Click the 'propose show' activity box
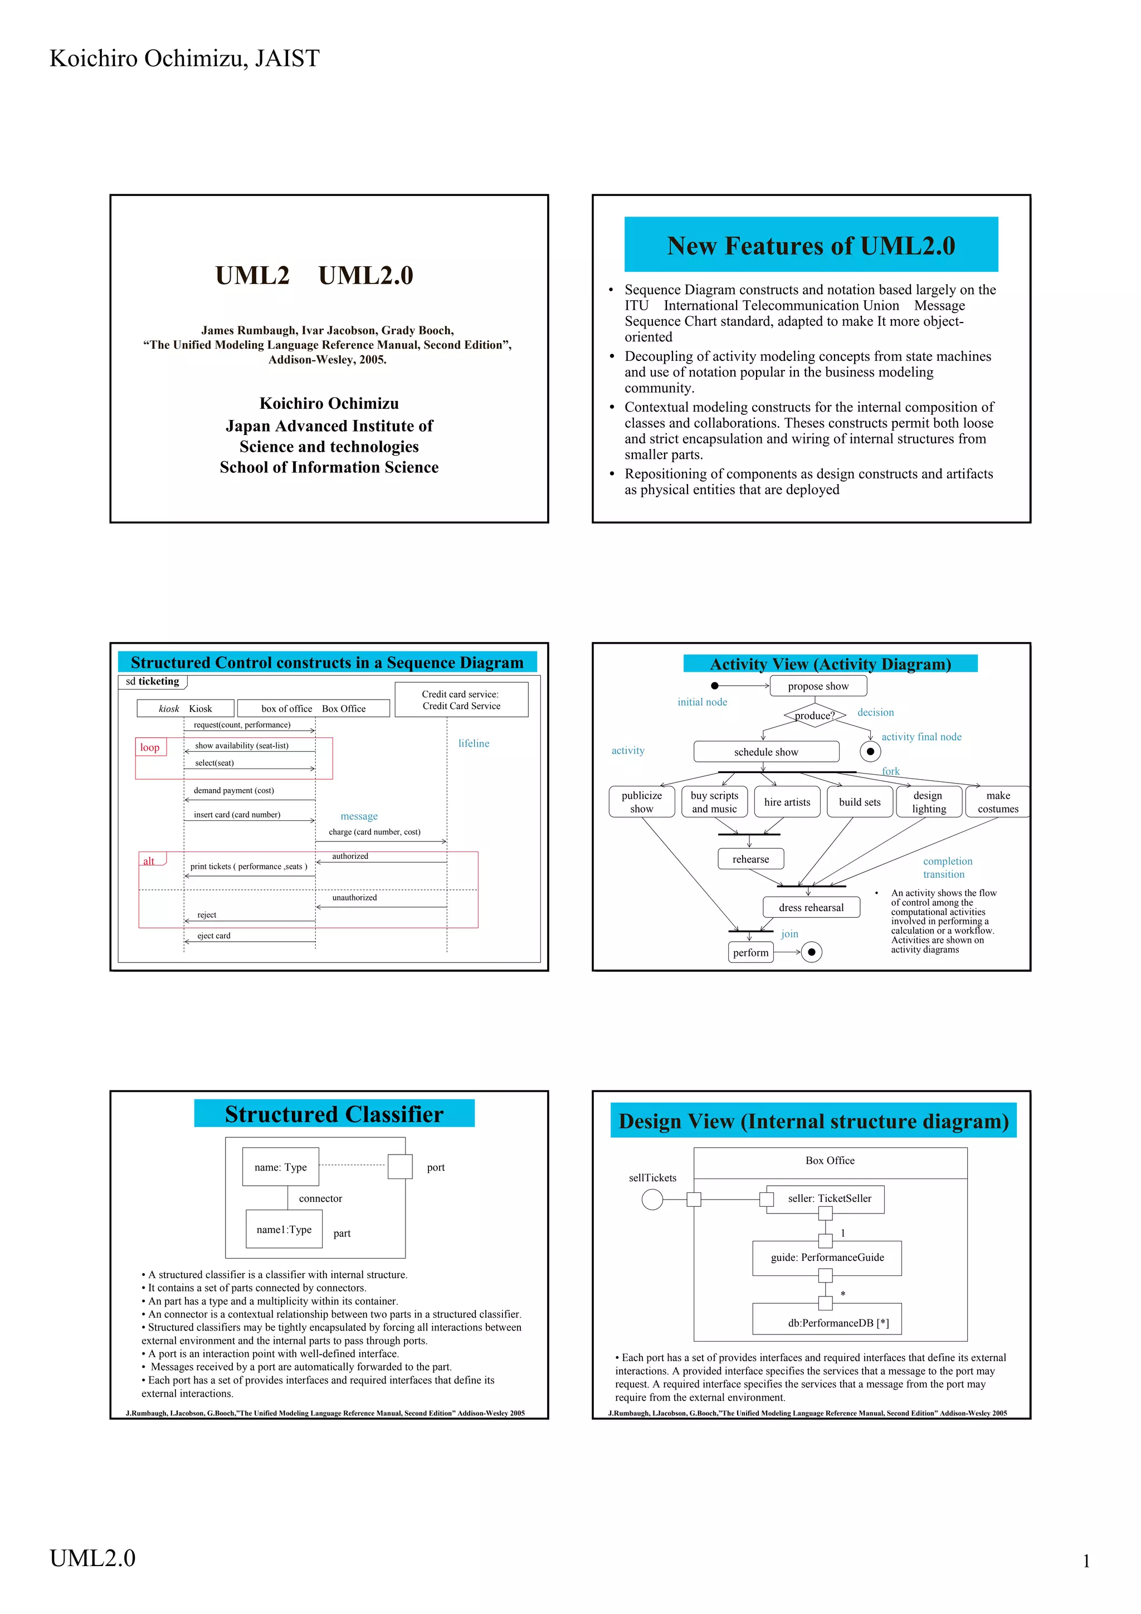pos(818,686)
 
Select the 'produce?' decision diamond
pos(814,716)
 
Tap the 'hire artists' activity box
pos(787,802)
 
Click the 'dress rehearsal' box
pos(811,907)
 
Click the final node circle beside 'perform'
pos(811,952)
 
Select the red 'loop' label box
pos(150,747)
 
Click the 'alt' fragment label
pos(150,860)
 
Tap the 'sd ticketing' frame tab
pos(152,681)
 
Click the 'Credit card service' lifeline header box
pos(461,700)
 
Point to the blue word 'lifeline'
pos(473,743)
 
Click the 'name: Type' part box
pos(280,1167)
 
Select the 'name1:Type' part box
pos(284,1230)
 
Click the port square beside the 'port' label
pos(400,1167)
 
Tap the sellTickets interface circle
pos(652,1199)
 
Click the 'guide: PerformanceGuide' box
pos(827,1258)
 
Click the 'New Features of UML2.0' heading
pos(811,246)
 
